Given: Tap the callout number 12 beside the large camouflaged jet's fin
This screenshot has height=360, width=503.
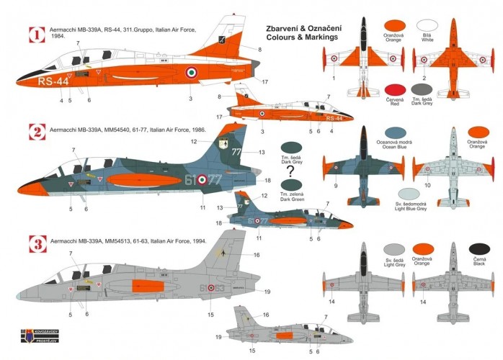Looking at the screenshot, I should point(194,142).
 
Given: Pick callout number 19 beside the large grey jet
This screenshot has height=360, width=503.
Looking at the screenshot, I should point(267,292).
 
